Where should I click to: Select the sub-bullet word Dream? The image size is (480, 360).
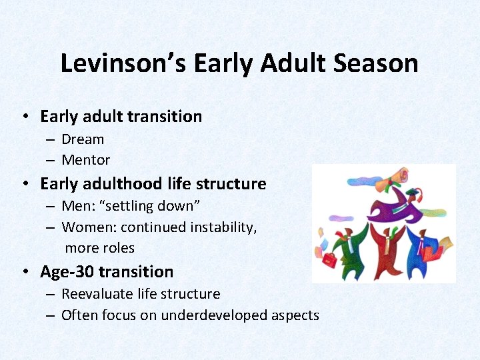(x=83, y=139)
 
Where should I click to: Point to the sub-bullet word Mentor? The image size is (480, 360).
(x=85, y=160)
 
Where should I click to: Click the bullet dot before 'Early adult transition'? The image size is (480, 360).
(x=24, y=117)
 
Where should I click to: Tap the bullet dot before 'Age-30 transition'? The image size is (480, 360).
(x=24, y=272)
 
